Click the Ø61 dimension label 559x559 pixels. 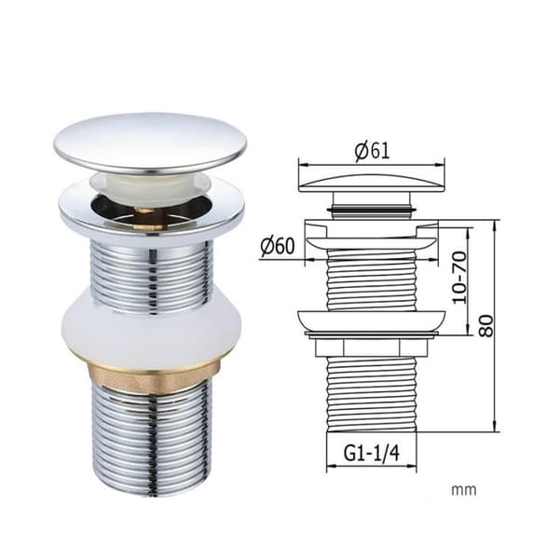click(x=372, y=151)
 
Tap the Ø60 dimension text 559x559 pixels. click(x=278, y=245)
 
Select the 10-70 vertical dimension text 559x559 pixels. click(x=459, y=278)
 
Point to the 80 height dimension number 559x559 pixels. click(x=486, y=326)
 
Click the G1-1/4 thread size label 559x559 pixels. click(x=371, y=454)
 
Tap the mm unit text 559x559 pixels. click(x=464, y=490)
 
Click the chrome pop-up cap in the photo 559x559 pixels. click(x=150, y=143)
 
